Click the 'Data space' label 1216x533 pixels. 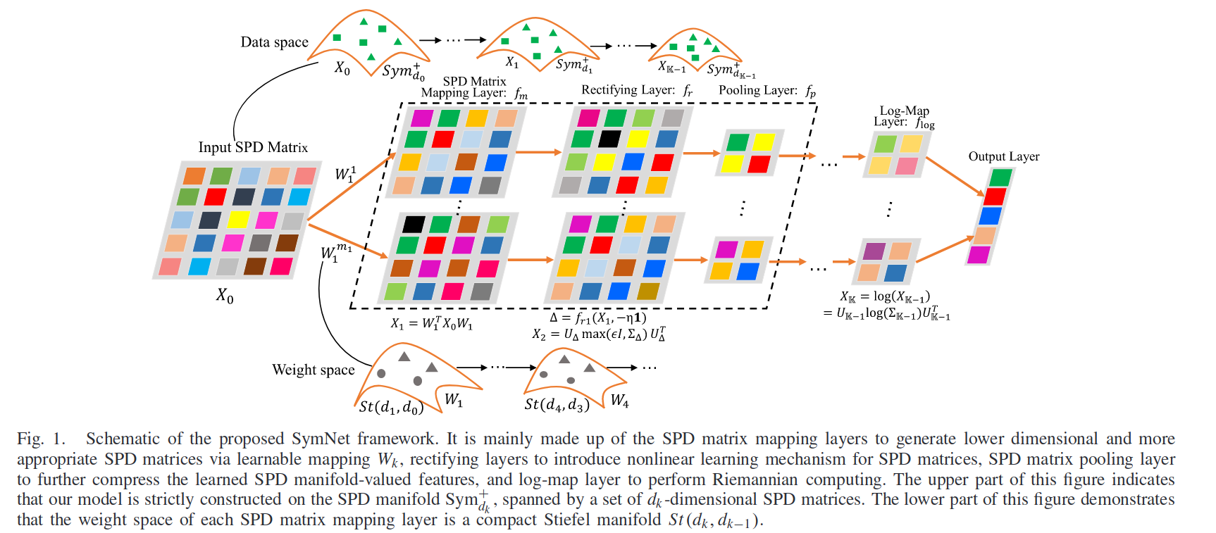click(x=274, y=42)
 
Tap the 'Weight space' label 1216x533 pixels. click(x=314, y=370)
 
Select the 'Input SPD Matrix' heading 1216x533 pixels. click(x=253, y=147)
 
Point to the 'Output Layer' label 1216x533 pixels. click(x=1004, y=156)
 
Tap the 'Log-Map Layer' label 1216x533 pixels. click(x=905, y=116)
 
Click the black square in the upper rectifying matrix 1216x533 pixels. click(x=609, y=139)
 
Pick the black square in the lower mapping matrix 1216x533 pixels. click(x=413, y=225)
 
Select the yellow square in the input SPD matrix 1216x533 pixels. click(x=238, y=219)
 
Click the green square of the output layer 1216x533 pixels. click(x=1000, y=177)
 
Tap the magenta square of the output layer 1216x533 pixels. click(x=979, y=254)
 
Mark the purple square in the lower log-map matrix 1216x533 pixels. click(x=874, y=251)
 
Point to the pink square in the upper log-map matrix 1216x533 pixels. click(x=906, y=165)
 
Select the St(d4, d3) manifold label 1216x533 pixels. click(x=557, y=405)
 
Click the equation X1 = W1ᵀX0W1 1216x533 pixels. click(x=432, y=324)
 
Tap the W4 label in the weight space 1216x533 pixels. click(x=619, y=401)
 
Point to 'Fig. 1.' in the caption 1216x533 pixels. click(x=41, y=439)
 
